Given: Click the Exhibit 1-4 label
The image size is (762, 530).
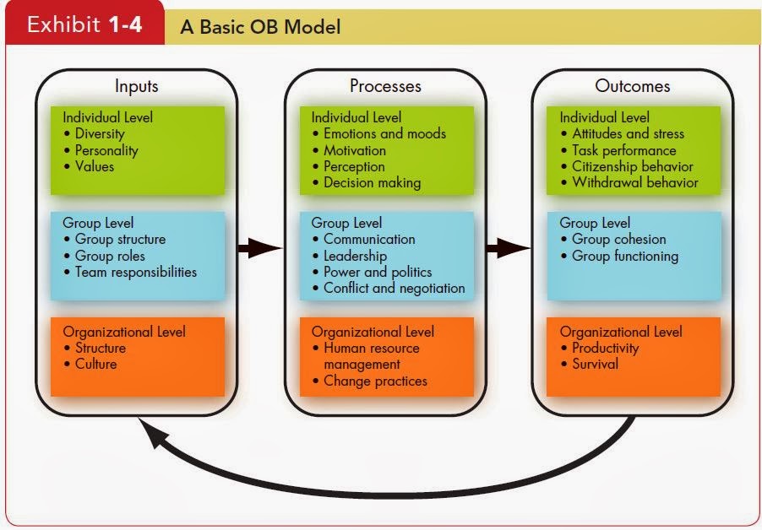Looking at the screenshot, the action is [x=84, y=24].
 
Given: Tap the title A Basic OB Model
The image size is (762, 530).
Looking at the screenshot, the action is [x=260, y=27].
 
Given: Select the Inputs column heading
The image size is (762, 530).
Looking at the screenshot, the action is [x=137, y=86].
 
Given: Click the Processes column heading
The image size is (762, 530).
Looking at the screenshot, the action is [x=385, y=86].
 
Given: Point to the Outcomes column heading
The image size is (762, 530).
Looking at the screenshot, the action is [x=632, y=86].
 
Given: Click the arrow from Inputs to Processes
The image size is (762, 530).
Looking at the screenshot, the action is [x=260, y=248].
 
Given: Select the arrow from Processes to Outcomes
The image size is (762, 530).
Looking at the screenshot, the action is [x=509, y=248].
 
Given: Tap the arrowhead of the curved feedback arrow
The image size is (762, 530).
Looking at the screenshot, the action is [x=150, y=432].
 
